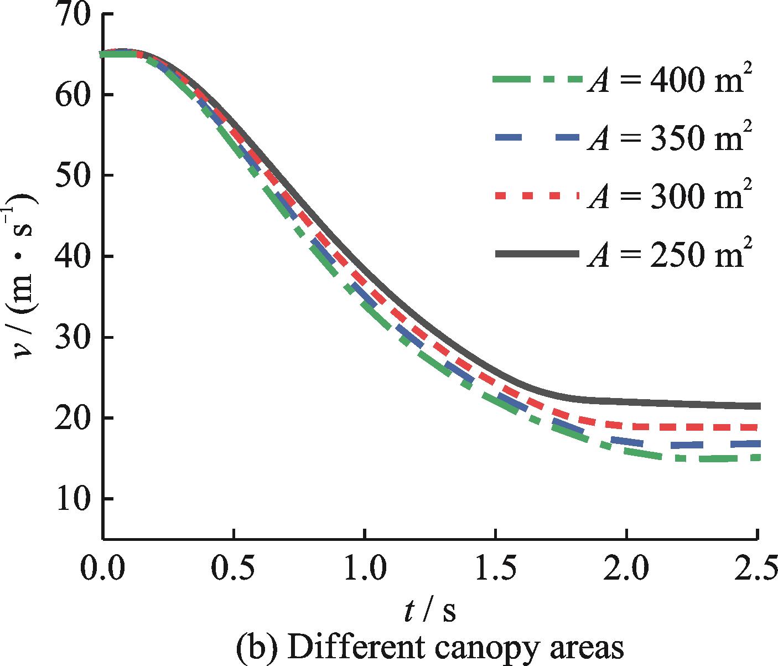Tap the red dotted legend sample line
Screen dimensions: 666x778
537,196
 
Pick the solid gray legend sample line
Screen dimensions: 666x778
537,254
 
